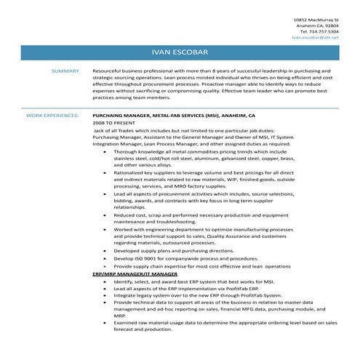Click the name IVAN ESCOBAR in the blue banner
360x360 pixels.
point(180,53)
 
